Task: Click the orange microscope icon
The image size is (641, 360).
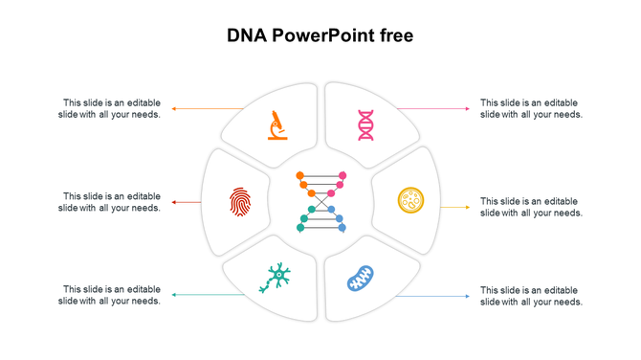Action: pos(277,125)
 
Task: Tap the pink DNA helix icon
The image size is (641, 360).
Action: pos(365,125)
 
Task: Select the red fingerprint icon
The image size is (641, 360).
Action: pos(239,201)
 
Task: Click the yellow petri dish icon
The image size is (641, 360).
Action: pos(410,200)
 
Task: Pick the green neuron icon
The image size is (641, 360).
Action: pos(276,278)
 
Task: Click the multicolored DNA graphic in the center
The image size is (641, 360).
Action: pos(320,202)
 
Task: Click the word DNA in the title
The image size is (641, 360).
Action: pos(246,36)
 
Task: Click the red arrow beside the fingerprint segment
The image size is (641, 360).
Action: pos(187,202)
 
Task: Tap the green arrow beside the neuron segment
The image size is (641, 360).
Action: pos(206,295)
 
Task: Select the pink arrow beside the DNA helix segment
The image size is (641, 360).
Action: pos(432,109)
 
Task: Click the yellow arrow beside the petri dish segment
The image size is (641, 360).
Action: pos(455,207)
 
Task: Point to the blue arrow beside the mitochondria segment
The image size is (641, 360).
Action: pos(432,296)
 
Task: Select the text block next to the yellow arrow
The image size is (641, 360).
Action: pos(531,207)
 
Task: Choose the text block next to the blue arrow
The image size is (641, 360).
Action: pos(531,295)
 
